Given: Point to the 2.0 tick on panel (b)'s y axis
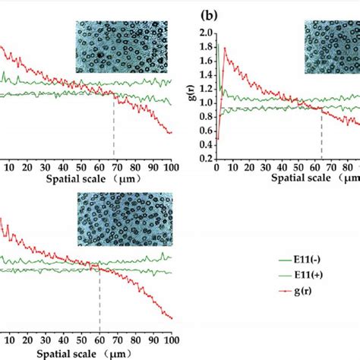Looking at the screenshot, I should pos(205,34).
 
